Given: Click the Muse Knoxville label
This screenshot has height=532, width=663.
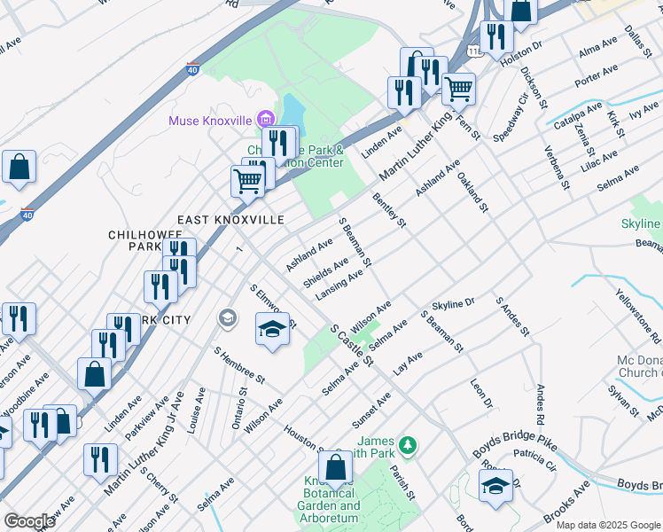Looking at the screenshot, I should (211, 119).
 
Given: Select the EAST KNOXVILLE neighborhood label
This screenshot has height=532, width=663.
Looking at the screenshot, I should (230, 219).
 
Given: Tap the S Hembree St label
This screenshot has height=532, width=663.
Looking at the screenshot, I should (238, 364).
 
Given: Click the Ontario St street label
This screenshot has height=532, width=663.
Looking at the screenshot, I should (239, 409).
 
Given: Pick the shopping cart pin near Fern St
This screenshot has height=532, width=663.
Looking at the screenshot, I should (458, 89).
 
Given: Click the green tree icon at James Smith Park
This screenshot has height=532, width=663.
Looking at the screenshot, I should (408, 443).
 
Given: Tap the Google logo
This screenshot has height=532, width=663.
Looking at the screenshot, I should (29, 521).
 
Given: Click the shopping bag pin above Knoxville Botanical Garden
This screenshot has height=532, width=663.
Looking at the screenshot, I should (336, 466).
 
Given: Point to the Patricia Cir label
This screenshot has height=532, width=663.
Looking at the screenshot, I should (534, 462).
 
